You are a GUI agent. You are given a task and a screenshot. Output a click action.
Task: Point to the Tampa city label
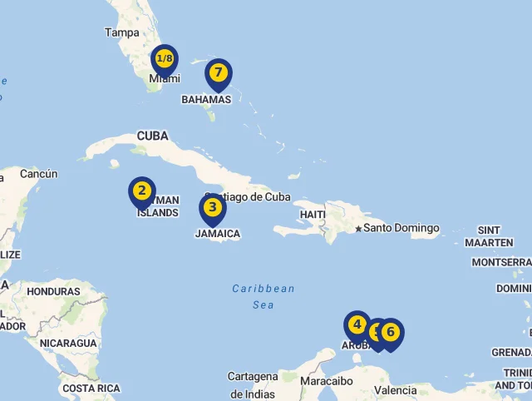pos(122,32)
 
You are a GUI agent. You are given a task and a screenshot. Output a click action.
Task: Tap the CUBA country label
pos(152,136)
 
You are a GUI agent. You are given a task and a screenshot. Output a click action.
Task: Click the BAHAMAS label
pos(206,99)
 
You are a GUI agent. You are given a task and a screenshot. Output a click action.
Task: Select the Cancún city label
pos(39,174)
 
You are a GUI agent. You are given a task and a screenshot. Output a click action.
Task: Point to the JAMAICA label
pos(218,234)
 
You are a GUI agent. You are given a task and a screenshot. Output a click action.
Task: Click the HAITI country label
pos(313,215)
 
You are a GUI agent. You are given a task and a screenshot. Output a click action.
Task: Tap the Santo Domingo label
pos(401,228)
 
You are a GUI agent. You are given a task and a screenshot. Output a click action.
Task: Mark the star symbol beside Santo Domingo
pos(358,228)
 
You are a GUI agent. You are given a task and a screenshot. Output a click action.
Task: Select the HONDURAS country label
pos(53,292)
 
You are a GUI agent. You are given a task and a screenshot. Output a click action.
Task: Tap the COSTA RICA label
pos(91,389)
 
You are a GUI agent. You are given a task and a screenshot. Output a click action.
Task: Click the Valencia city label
pos(396,390)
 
